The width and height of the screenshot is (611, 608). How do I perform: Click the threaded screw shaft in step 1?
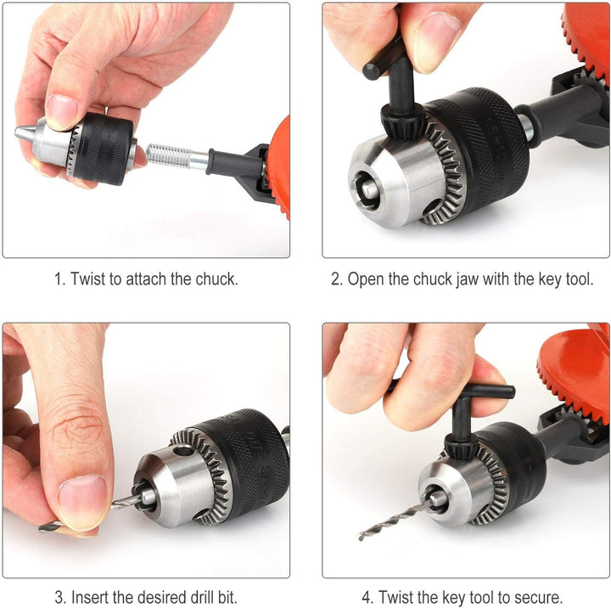point(169,155)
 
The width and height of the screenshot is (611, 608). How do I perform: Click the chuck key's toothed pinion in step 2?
point(403,121)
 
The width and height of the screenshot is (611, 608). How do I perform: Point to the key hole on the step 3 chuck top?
point(184,451)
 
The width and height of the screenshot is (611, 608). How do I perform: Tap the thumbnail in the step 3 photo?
point(82,503)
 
